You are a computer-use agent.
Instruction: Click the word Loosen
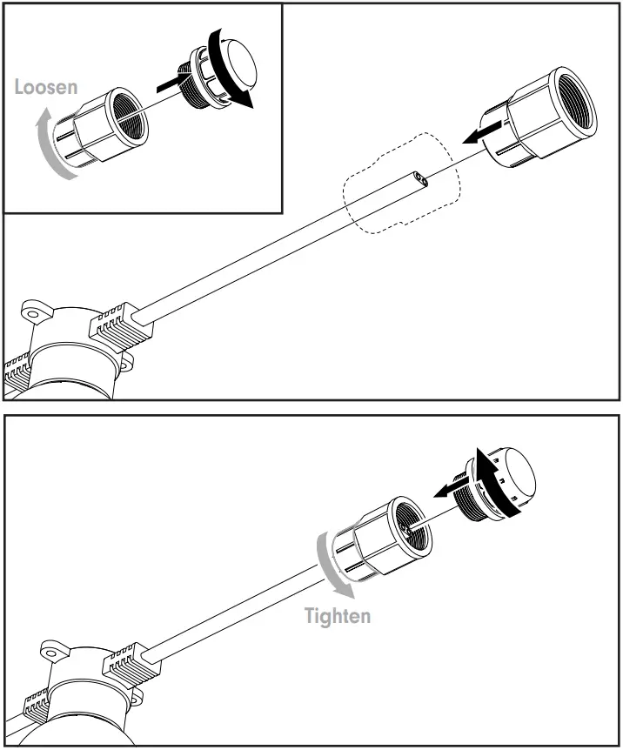[x=46, y=87]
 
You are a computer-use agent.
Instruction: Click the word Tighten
[x=337, y=616]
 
